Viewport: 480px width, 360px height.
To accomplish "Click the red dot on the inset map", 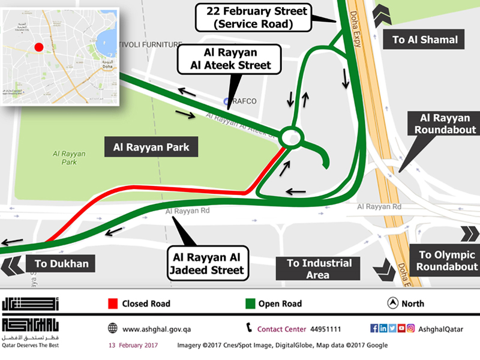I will [x=38, y=47].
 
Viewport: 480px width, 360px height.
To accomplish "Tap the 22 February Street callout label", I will [x=256, y=18].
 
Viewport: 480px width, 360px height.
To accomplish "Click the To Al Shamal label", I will [x=425, y=40].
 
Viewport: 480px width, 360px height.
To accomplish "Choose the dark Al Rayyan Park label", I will [x=151, y=146].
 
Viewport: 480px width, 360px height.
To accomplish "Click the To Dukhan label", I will [x=61, y=263].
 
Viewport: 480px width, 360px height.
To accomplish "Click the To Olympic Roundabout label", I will [x=447, y=260].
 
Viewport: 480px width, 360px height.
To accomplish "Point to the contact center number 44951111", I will [x=326, y=329].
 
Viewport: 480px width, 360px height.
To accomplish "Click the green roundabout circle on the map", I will [x=290, y=137].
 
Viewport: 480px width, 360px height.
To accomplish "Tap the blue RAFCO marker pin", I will [x=227, y=101].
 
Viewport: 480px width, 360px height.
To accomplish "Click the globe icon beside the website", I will [x=112, y=328].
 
